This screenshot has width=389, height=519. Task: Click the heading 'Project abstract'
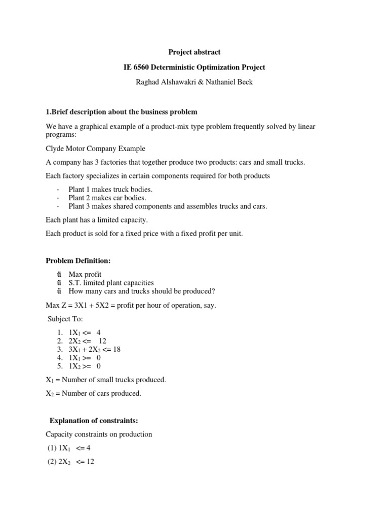[x=194, y=52]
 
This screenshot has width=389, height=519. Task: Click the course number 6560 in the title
[x=144, y=67]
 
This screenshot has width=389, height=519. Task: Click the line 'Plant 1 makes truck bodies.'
[x=110, y=190]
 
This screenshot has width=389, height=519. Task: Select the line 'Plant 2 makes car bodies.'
[x=107, y=198]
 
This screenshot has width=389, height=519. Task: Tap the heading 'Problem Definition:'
[x=78, y=261]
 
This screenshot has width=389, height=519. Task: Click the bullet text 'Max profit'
[x=85, y=274]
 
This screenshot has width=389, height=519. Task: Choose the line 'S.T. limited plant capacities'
[x=111, y=283]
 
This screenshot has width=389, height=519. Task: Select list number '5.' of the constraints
[x=60, y=366]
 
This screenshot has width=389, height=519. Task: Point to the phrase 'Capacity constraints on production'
[x=99, y=434]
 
